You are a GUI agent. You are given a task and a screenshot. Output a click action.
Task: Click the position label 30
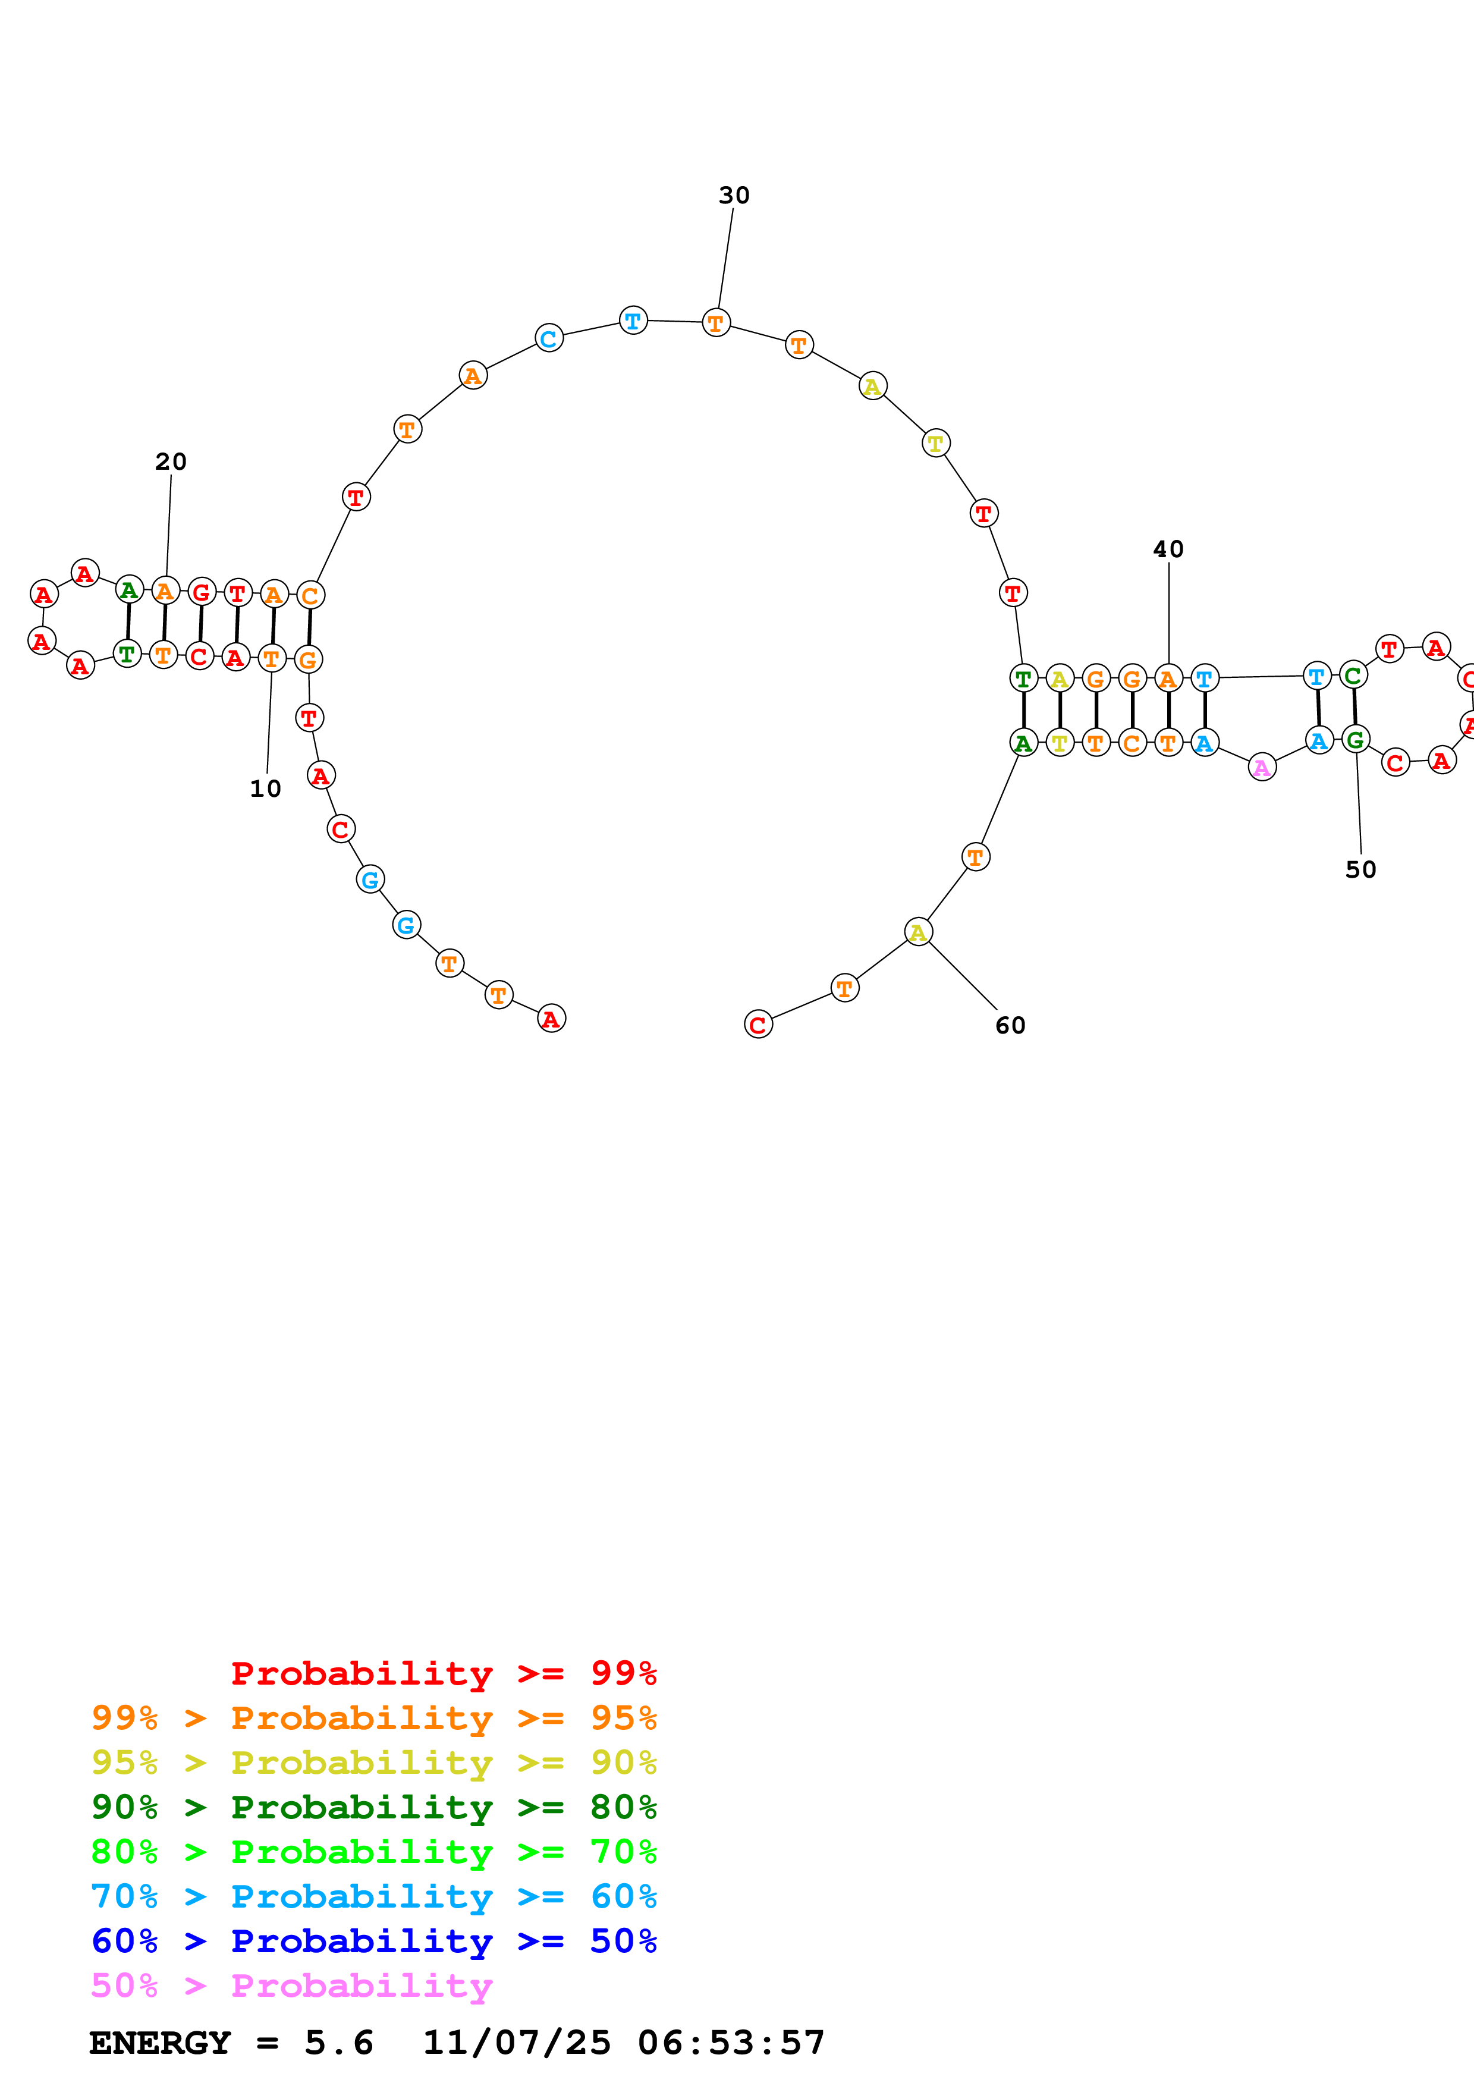[x=734, y=195]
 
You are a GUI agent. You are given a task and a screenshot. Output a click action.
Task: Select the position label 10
[x=265, y=788]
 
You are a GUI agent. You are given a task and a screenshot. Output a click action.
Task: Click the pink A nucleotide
[x=1262, y=768]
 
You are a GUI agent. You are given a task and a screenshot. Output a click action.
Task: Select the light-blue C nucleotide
[x=549, y=339]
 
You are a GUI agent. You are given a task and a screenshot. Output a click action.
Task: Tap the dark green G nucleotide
[x=1355, y=740]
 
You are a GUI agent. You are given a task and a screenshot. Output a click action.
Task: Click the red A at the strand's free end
[x=551, y=1019]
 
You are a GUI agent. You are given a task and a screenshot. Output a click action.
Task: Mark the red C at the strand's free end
[x=758, y=1025]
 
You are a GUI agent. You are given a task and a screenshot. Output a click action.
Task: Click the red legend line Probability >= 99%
[x=443, y=1673]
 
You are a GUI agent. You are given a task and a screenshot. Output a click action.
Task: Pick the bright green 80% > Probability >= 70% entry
[x=373, y=1852]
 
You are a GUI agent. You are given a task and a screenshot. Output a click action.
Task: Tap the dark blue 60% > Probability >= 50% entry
[x=373, y=1941]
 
